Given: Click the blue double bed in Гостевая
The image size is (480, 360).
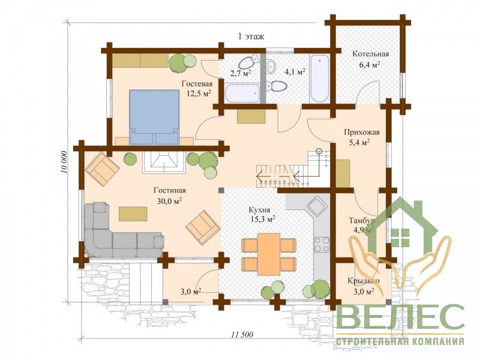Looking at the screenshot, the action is pyautogui.click(x=154, y=117).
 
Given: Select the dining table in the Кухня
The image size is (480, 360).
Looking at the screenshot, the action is pyautogui.click(x=268, y=254).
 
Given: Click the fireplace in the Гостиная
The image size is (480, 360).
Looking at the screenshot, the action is pyautogui.click(x=164, y=162).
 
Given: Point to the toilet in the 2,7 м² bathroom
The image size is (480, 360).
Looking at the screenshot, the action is pyautogui.click(x=247, y=62).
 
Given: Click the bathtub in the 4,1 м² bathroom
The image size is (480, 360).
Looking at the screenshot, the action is pyautogui.click(x=320, y=79).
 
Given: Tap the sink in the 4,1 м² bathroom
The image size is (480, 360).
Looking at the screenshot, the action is pyautogui.click(x=271, y=67).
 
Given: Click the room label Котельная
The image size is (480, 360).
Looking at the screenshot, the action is pyautogui.click(x=371, y=54).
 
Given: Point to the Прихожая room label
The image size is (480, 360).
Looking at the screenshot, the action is pyautogui.click(x=362, y=133).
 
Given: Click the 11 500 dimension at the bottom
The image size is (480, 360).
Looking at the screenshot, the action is pyautogui.click(x=241, y=334).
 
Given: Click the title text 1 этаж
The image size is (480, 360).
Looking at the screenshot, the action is pyautogui.click(x=251, y=37).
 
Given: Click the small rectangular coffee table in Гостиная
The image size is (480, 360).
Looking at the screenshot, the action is pyautogui.click(x=133, y=214).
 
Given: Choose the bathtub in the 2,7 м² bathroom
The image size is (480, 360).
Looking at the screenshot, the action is pyautogui.click(x=242, y=94).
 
